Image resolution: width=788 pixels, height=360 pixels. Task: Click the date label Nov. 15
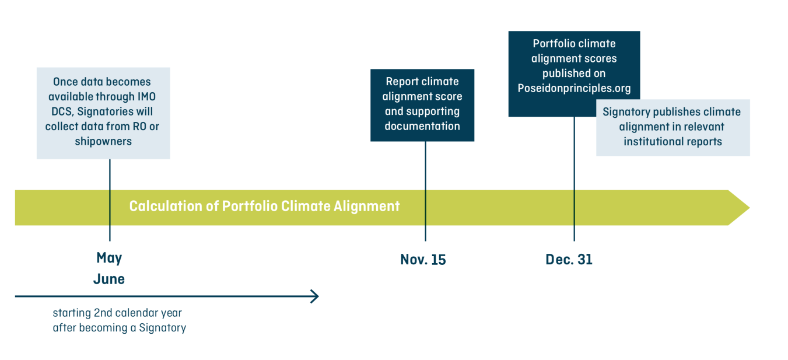[x=423, y=260]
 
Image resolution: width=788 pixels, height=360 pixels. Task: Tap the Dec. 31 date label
[x=569, y=260]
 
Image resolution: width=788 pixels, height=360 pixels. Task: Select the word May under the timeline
[x=110, y=258]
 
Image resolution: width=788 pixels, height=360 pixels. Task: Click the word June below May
[x=109, y=279]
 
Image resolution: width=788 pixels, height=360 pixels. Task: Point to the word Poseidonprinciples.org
[x=574, y=88]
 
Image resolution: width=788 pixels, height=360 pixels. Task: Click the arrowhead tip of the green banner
[x=750, y=208]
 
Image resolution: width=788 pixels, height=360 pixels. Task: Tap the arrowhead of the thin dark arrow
[x=318, y=296]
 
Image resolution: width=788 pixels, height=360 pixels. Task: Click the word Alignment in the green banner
[x=366, y=207]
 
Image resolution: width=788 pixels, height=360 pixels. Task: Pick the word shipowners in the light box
[x=103, y=141]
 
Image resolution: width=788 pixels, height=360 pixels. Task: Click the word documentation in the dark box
[x=422, y=126]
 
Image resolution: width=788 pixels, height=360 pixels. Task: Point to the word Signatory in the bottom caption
[x=162, y=328]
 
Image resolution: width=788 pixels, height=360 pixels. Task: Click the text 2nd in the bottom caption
[x=103, y=313]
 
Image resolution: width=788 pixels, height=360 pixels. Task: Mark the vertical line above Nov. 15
[x=425, y=191]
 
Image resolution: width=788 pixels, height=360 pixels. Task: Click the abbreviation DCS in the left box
[x=62, y=111]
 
